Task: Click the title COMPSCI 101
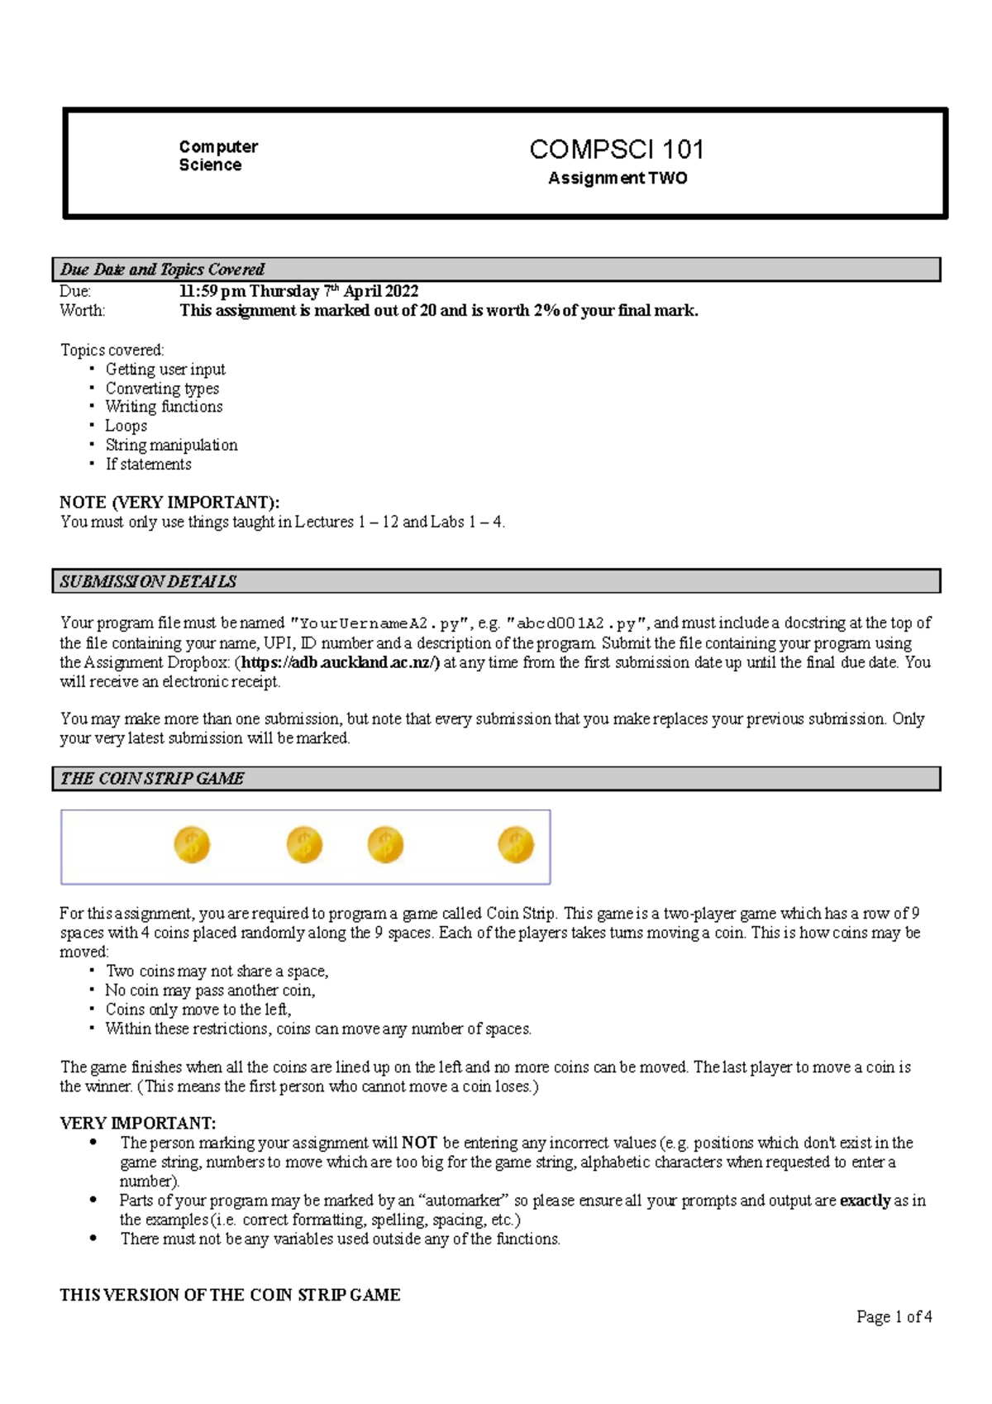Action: coord(617,150)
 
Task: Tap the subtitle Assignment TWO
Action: coord(618,179)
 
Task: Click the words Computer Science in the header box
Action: coord(218,155)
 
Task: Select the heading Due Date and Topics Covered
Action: coord(162,270)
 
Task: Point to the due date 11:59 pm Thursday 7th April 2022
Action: coord(298,291)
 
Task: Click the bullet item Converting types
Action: coord(162,388)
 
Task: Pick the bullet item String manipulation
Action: coord(171,445)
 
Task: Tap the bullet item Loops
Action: coord(126,426)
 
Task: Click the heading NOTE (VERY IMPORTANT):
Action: coord(169,502)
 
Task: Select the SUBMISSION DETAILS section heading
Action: coord(148,581)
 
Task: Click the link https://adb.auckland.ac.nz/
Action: coord(340,662)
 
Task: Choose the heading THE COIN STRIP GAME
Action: coord(152,778)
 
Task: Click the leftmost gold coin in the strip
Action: coord(192,845)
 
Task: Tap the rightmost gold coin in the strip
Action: coord(516,845)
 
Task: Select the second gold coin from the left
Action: coord(304,845)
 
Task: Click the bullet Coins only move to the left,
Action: coord(198,1010)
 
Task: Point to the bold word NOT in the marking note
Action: coord(419,1143)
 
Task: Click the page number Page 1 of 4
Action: coord(894,1316)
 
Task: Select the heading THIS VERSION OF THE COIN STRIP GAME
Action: coord(230,1295)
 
